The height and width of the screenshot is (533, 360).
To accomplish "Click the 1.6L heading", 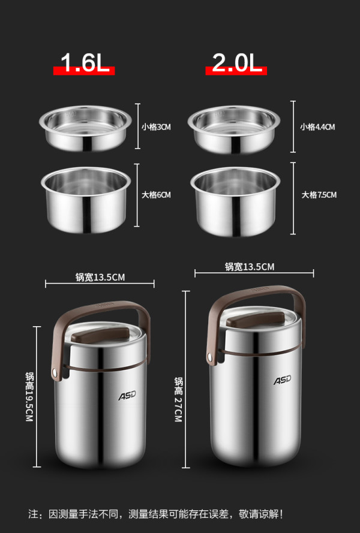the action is (85, 63).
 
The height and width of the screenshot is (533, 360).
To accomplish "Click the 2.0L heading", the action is (237, 63).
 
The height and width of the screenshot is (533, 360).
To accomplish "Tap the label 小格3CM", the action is (156, 127).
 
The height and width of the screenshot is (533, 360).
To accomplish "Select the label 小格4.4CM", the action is (317, 127).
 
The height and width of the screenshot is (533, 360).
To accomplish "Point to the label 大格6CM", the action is (156, 195).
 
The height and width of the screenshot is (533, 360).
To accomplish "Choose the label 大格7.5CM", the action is (319, 195).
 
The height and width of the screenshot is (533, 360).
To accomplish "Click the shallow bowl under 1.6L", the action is (85, 128).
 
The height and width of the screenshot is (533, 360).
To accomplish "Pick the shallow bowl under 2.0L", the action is (234, 130).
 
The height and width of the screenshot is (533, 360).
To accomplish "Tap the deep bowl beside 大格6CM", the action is (86, 200).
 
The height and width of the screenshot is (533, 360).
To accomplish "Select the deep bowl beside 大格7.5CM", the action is (235, 201).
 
